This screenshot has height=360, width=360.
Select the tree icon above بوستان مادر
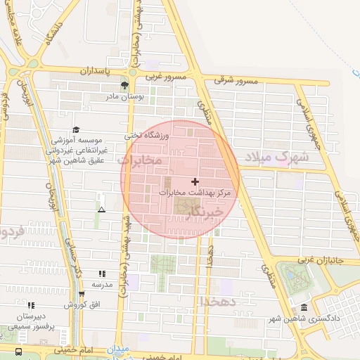(x=124, y=86)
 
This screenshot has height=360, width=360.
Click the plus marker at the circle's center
(x=195, y=182)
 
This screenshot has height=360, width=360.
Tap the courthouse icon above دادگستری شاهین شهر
(x=303, y=308)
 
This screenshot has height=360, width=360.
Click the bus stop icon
(x=18, y=351)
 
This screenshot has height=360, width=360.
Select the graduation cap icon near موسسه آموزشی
(x=76, y=129)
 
